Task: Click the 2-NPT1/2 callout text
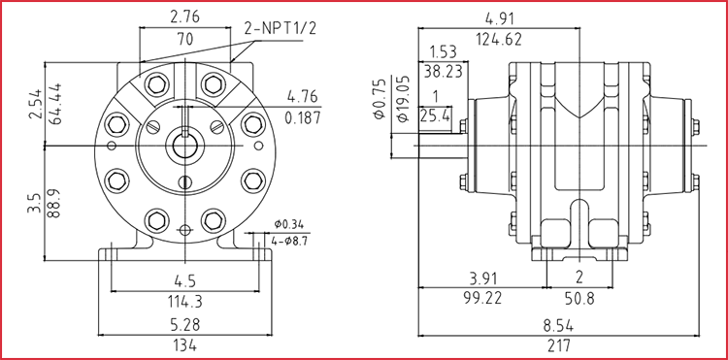coord(280,29)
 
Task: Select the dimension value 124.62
coord(499,40)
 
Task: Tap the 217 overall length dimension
coord(558,345)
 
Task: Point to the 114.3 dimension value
coord(184,302)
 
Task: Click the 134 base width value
coord(184,345)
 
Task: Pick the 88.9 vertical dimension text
coord(53,203)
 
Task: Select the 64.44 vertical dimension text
coord(53,104)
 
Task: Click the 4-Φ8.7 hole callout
coord(288,242)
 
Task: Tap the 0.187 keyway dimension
coord(303,117)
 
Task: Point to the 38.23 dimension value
coord(443,72)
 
